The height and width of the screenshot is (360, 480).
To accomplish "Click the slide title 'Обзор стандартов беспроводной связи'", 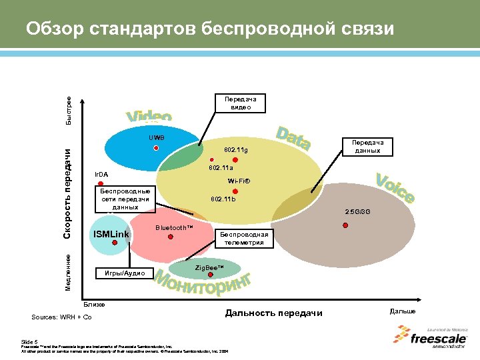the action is (x=209, y=29).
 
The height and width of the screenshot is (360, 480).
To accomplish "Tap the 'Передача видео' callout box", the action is (x=241, y=103).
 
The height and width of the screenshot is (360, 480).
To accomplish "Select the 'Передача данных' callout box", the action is (x=367, y=146).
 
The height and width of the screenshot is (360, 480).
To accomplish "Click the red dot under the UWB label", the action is (x=155, y=148).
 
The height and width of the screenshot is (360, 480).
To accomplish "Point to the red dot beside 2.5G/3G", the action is (x=345, y=225).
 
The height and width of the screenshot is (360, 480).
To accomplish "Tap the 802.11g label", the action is (x=235, y=151).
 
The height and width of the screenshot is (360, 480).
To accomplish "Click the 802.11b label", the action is (x=223, y=200).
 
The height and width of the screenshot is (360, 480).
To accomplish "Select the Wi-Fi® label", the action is (x=238, y=181).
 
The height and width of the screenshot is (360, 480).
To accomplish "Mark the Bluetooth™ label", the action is (x=173, y=228).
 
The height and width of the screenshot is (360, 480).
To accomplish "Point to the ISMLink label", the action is (x=111, y=234).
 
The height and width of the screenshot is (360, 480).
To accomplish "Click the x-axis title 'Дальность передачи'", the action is (x=273, y=313).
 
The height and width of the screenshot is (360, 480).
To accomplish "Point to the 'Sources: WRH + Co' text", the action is (x=61, y=316).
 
